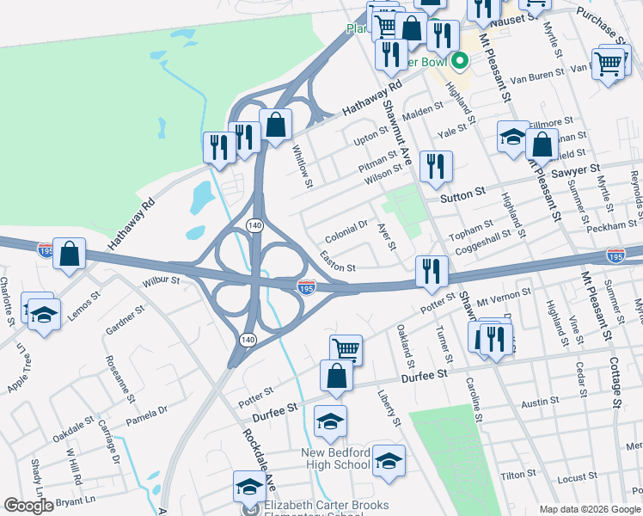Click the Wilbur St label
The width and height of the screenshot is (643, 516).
coord(161,280)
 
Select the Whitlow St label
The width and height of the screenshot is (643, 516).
coord(302,160)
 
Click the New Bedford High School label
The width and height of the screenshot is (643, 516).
coord(347,458)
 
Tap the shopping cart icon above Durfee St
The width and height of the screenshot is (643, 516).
coord(346,348)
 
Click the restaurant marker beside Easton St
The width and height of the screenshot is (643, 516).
coord(431,270)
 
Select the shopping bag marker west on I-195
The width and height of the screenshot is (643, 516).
coord(69,254)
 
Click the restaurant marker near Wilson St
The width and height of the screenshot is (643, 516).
coord(435,166)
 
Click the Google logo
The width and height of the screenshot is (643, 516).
coord(28,506)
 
